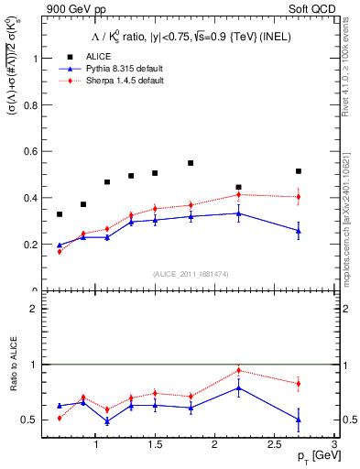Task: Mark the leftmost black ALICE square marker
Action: (x=60, y=214)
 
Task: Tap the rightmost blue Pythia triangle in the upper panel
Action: (x=299, y=231)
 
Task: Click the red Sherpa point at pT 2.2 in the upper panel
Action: (x=239, y=194)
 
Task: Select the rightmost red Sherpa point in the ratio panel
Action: (x=299, y=384)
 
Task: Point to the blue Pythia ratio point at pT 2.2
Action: (x=239, y=387)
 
